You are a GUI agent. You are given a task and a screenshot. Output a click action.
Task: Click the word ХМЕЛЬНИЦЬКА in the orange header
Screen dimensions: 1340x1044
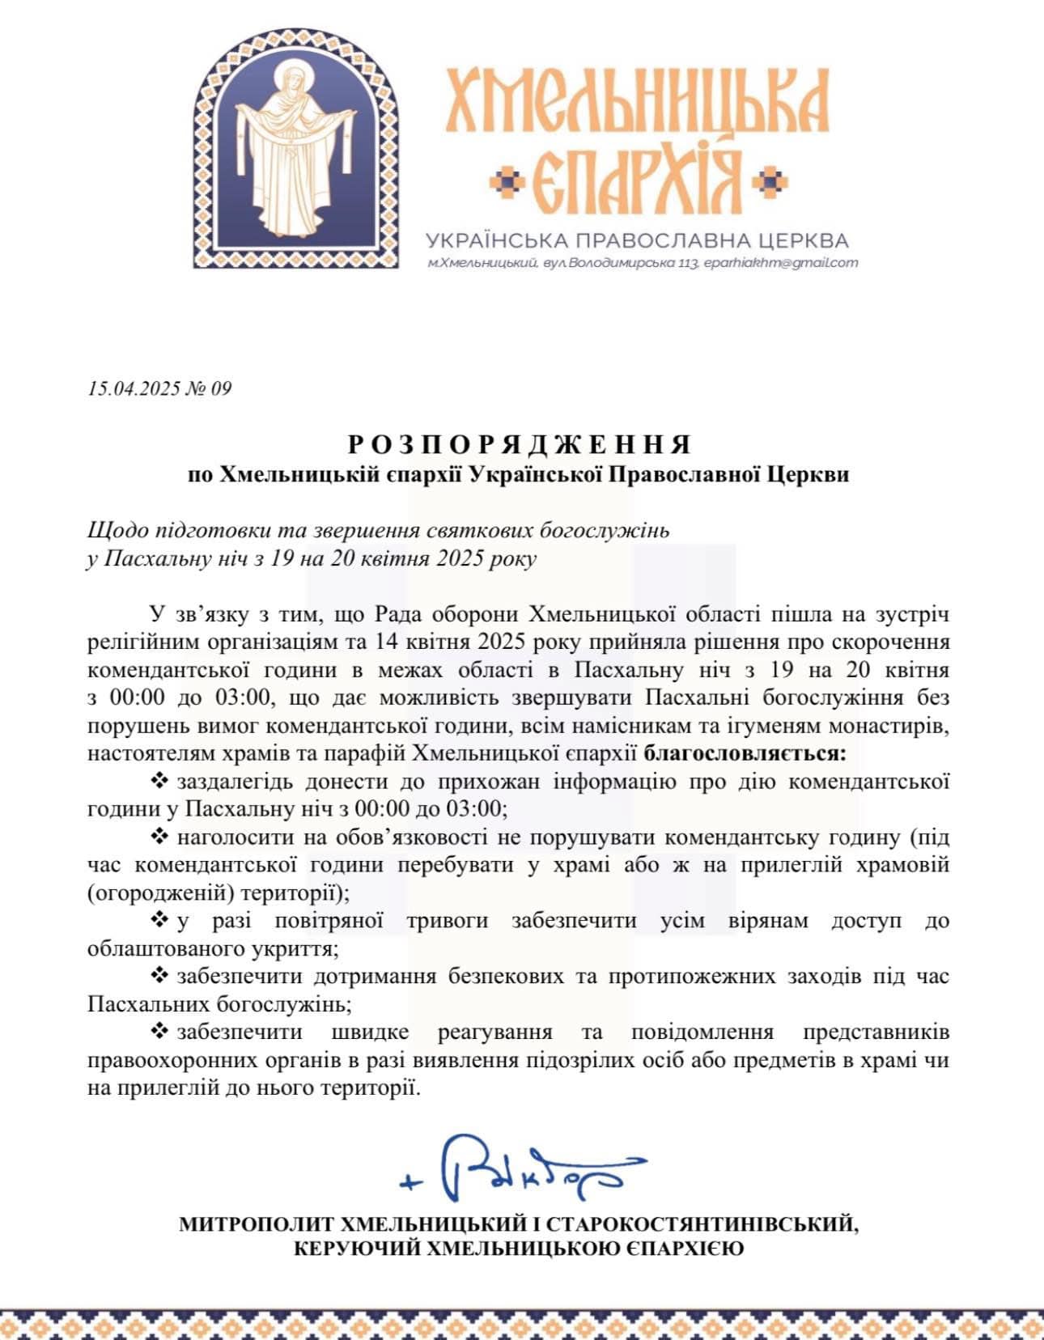pyautogui.click(x=638, y=101)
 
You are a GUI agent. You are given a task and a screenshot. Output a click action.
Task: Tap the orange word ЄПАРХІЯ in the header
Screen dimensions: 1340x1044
pyautogui.click(x=639, y=181)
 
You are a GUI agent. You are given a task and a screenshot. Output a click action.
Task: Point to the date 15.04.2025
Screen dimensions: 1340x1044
pyautogui.click(x=134, y=389)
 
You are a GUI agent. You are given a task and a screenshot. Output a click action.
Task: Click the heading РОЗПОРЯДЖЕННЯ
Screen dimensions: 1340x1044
pyautogui.click(x=521, y=444)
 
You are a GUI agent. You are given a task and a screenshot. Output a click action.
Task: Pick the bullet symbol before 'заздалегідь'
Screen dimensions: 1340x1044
pyautogui.click(x=159, y=781)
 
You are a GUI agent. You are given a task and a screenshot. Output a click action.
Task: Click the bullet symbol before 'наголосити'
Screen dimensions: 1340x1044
pyautogui.click(x=159, y=836)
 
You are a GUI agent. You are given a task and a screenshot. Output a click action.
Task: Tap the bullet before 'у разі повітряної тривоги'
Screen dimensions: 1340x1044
pyautogui.click(x=159, y=920)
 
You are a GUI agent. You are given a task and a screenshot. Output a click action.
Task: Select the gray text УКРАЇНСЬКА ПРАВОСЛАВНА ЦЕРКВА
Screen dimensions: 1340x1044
pyautogui.click(x=637, y=240)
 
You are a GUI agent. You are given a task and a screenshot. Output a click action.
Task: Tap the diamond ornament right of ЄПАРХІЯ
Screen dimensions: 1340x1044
pyautogui.click(x=770, y=182)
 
